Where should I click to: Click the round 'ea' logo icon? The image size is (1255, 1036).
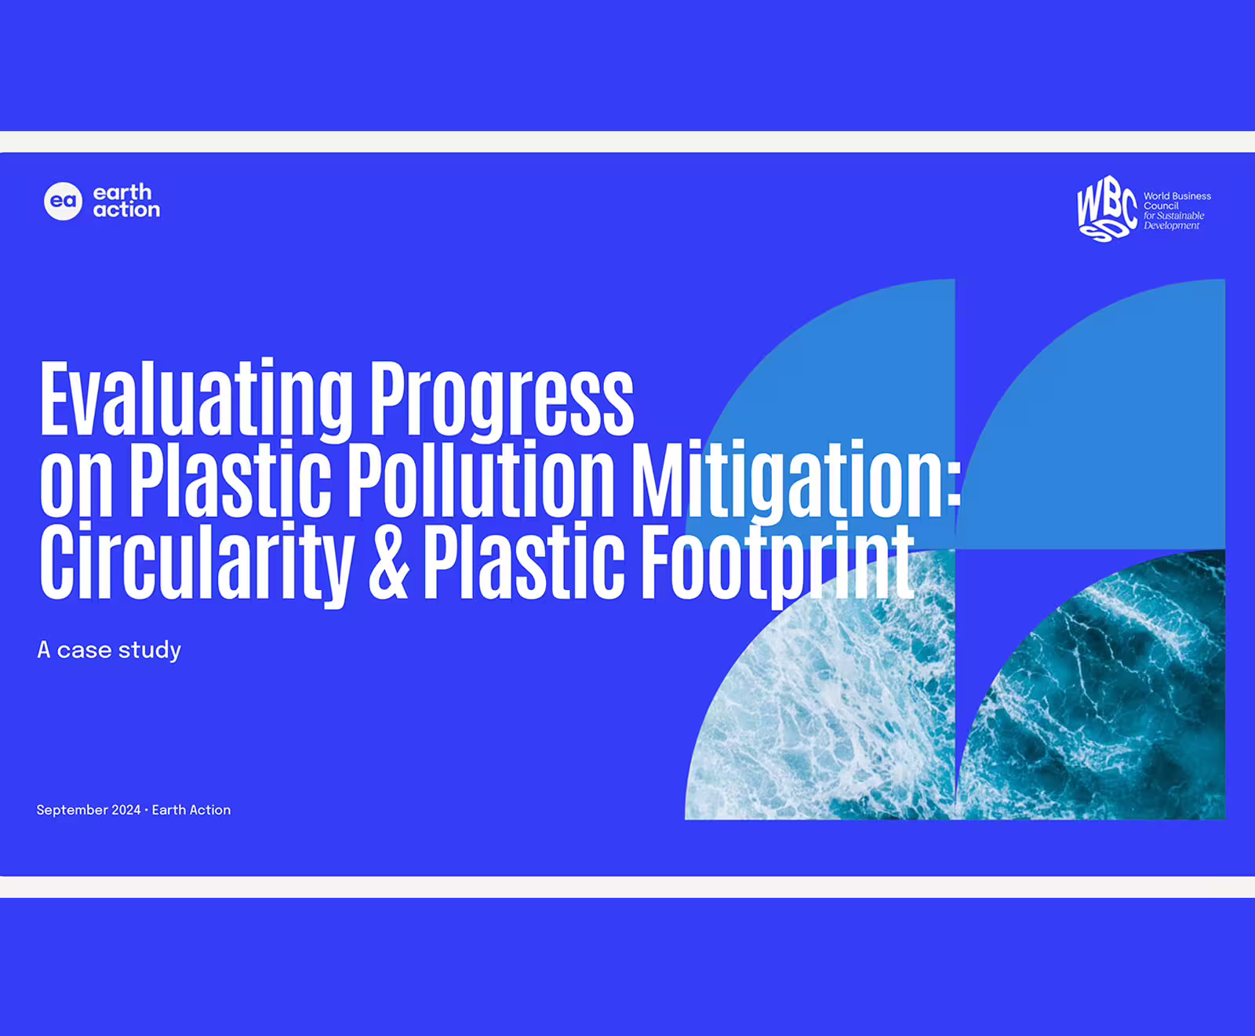coord(63,202)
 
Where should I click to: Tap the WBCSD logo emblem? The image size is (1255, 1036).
coord(1107,209)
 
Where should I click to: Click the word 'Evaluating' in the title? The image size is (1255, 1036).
coord(197,399)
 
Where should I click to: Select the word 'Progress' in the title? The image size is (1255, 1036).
coord(501,399)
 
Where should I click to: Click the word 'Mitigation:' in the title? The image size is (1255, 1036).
coord(797,481)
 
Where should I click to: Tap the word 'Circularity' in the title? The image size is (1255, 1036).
coord(197,563)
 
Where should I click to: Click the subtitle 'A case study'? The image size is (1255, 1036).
coord(109,651)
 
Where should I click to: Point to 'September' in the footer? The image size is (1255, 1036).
coord(72,810)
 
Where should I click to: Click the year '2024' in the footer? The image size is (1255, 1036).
coord(126,810)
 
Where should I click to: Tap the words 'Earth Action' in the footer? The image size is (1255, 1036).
coord(191,810)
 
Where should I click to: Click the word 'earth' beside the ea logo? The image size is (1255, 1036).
coord(122,192)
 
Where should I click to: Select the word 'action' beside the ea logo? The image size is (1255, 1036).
coord(126,210)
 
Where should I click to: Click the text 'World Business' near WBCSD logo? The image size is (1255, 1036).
coord(1177,196)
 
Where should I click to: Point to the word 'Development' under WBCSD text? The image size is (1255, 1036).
coord(1171,226)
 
